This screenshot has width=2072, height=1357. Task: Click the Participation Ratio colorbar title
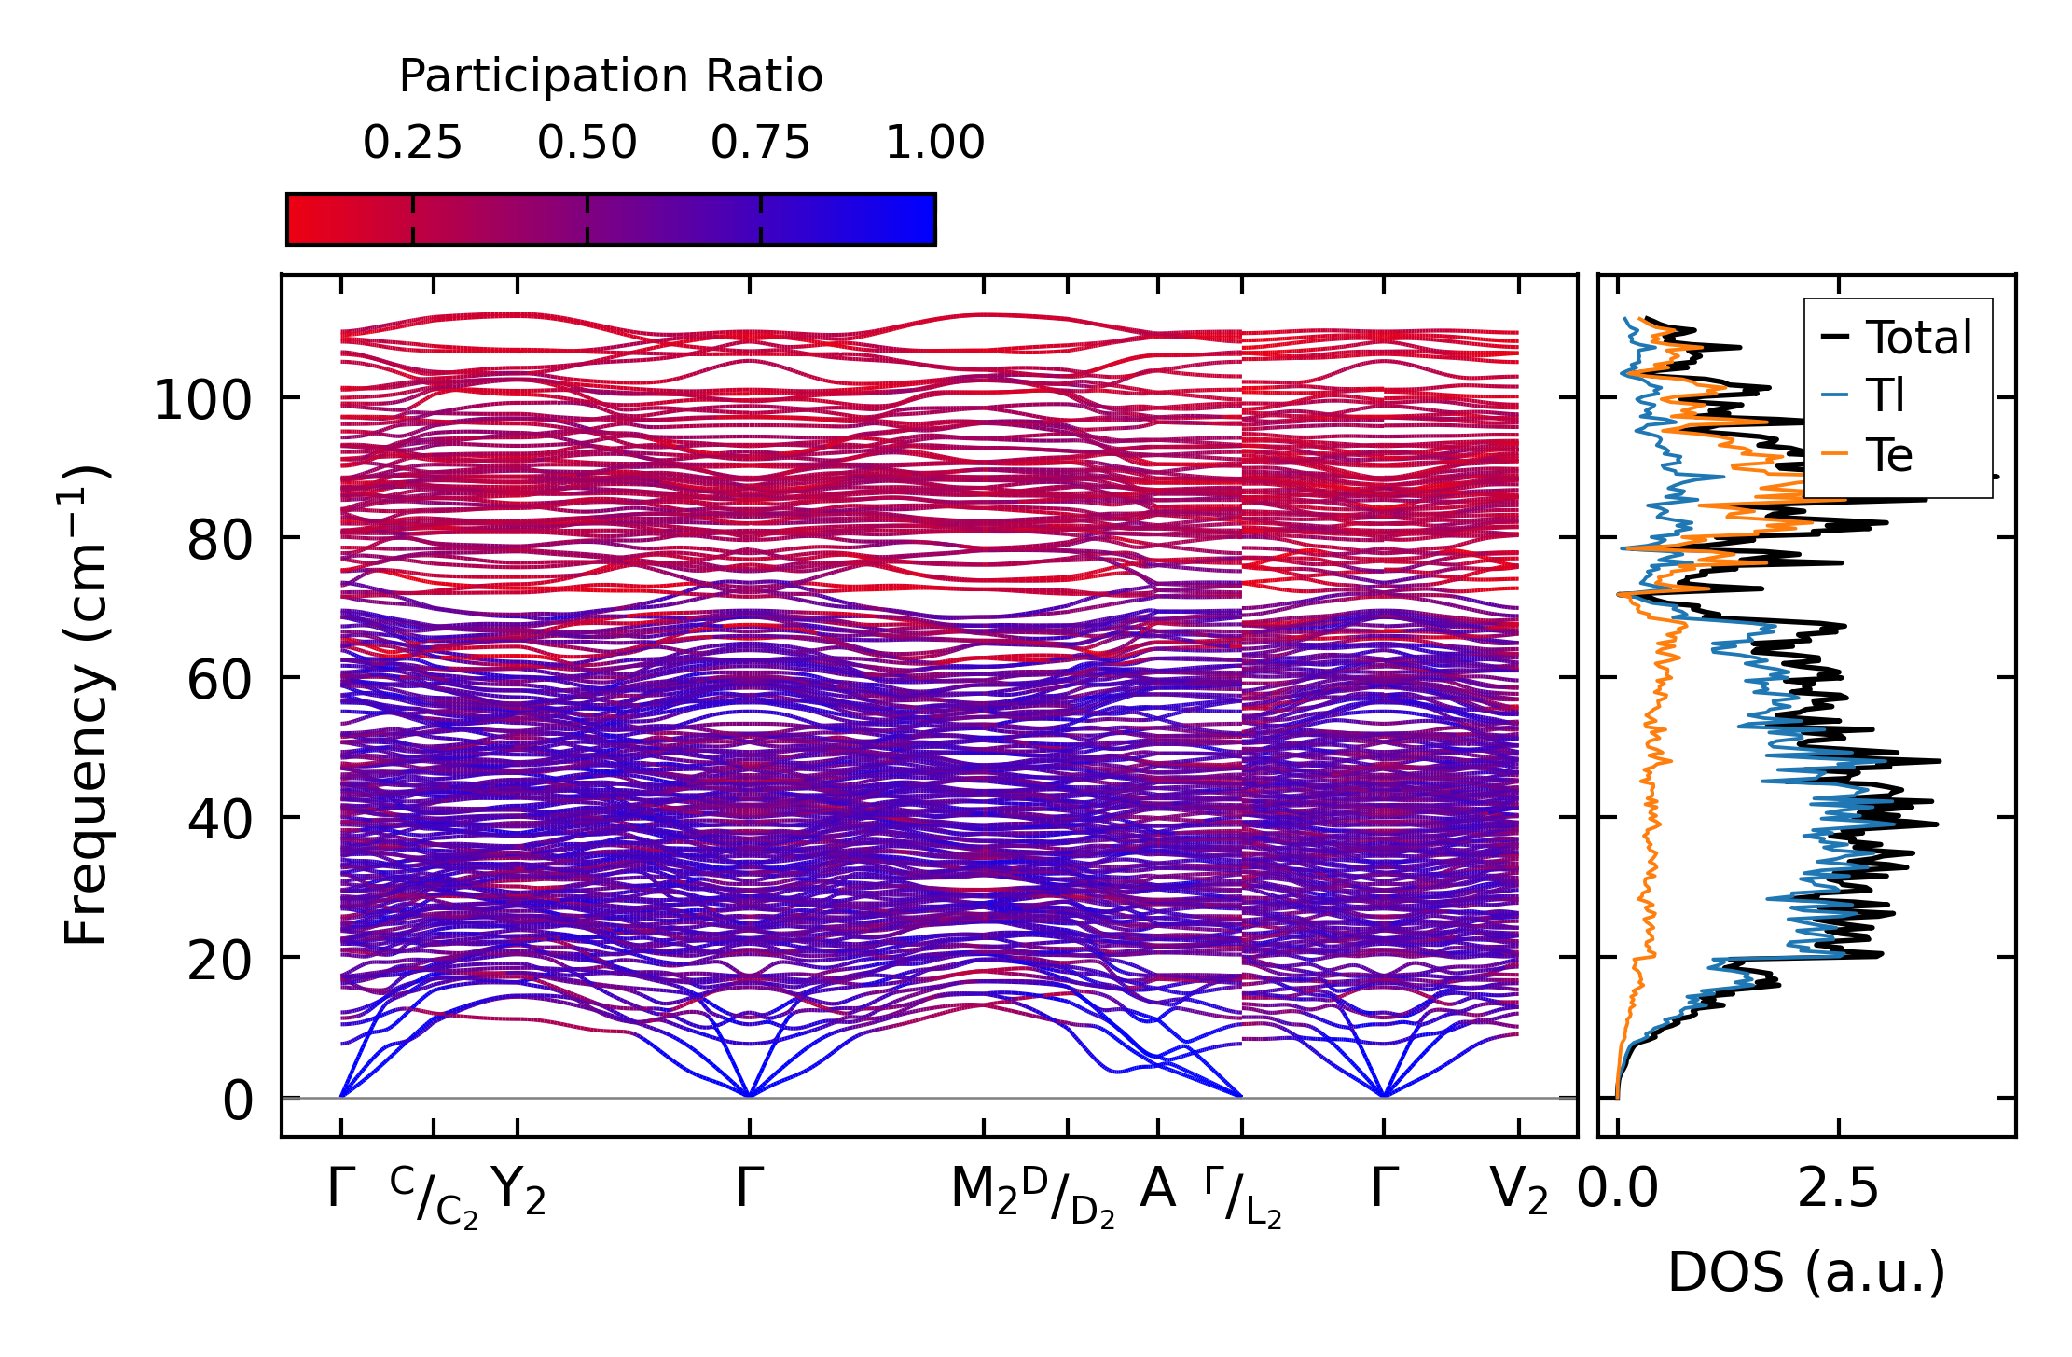coord(611,76)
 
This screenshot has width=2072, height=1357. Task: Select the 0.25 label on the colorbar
coord(412,143)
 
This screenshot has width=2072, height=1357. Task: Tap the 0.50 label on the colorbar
coord(587,143)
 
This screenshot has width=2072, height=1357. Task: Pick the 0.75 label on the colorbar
coord(760,143)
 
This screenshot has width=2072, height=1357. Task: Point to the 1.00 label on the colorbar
coord(934,143)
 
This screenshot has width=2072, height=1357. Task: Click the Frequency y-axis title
coord(87,704)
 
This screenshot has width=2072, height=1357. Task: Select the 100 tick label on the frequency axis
coord(202,400)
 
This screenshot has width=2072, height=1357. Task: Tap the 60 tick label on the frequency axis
coord(219,680)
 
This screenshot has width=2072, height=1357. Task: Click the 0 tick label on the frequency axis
coord(237,1101)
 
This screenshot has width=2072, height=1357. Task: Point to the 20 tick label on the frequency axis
coord(219,960)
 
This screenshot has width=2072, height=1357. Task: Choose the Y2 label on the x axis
coord(518,1191)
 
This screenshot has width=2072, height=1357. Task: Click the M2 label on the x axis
coord(983,1191)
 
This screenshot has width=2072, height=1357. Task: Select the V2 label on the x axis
coord(1518,1191)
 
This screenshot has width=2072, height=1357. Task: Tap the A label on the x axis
coord(1157,1189)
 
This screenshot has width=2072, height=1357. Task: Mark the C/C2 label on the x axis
coord(434,1196)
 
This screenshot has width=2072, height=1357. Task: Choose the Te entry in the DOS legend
coord(1888,455)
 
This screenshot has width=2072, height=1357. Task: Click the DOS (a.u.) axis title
coord(1806,1272)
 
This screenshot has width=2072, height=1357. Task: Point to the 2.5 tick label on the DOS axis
coord(1837,1191)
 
